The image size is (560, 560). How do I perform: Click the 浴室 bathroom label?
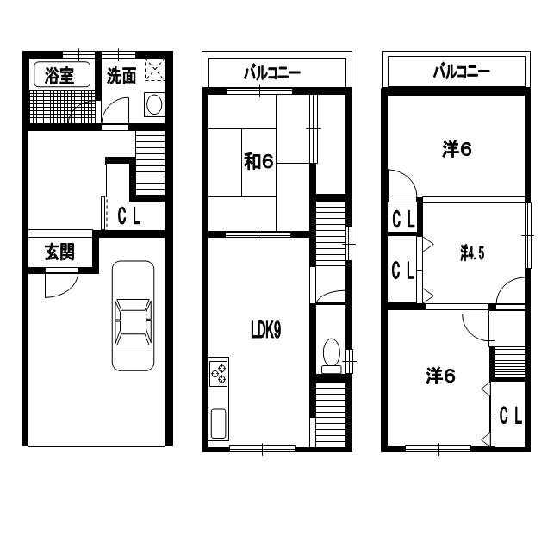[x=59, y=75]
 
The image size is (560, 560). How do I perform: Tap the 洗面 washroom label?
[x=121, y=75]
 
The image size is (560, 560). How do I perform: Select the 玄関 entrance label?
[x=59, y=252]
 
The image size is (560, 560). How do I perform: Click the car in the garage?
[x=133, y=315]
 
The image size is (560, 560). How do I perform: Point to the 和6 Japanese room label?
[x=258, y=161]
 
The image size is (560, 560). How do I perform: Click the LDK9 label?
[x=266, y=330]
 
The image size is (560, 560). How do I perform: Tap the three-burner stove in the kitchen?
[x=219, y=372]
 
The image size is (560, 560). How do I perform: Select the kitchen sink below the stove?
[x=219, y=424]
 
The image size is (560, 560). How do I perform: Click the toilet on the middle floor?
[x=332, y=356]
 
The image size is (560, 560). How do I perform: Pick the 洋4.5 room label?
[x=472, y=252]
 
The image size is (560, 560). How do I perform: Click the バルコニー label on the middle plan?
[x=272, y=73]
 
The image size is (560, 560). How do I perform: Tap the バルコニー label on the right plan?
[x=462, y=72]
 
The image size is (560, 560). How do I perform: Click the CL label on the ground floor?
[x=129, y=215]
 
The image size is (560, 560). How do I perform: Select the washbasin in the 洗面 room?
[x=154, y=104]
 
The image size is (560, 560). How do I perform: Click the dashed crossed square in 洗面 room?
[x=154, y=70]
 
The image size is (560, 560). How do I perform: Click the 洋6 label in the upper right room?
[x=457, y=149]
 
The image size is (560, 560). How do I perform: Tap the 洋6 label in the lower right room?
[x=441, y=376]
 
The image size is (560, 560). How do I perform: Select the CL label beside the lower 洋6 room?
[x=511, y=415]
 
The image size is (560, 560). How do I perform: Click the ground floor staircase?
[x=151, y=163]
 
